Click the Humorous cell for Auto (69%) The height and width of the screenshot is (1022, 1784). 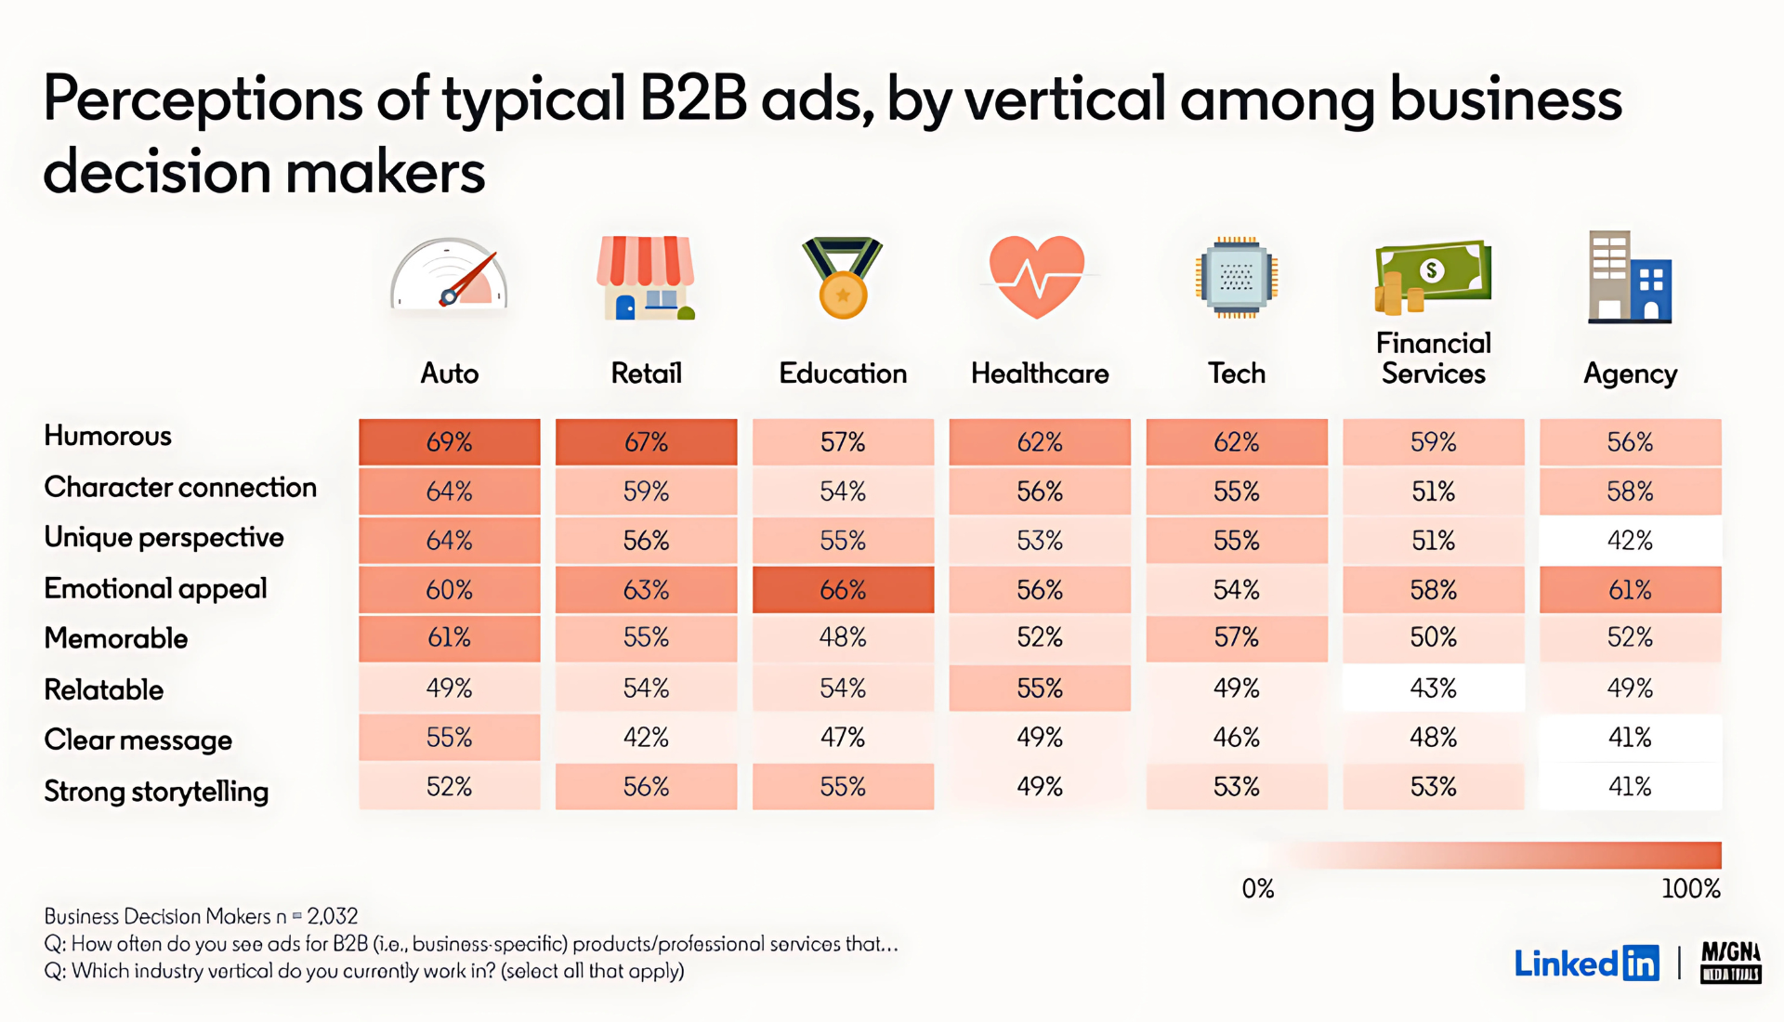click(x=450, y=442)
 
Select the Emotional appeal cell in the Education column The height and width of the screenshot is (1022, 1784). click(x=843, y=590)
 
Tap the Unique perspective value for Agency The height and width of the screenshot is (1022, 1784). click(x=1630, y=541)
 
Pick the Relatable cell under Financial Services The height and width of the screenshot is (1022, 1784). click(x=1433, y=688)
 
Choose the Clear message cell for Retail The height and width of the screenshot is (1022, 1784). click(x=646, y=738)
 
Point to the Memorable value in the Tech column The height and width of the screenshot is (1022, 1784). click(x=1236, y=638)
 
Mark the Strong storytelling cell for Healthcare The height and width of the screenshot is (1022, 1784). click(x=1039, y=787)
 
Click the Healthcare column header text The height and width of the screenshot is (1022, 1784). click(x=1040, y=373)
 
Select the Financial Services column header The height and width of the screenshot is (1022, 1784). click(x=1433, y=359)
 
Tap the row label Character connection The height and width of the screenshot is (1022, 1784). click(x=180, y=488)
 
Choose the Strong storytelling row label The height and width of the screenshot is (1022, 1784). click(x=156, y=792)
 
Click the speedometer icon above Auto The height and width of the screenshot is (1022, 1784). click(x=450, y=276)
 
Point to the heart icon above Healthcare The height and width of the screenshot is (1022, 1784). click(x=1037, y=276)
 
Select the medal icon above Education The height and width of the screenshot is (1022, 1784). click(x=843, y=278)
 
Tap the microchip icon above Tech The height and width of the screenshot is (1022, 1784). click(x=1236, y=277)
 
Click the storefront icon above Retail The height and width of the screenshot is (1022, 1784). click(x=646, y=278)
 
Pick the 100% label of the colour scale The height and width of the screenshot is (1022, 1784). click(x=1690, y=889)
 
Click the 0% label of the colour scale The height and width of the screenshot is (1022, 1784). click(x=1258, y=889)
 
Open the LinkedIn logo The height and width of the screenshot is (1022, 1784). click(x=1585, y=963)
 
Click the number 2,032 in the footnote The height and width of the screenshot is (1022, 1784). click(x=332, y=917)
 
